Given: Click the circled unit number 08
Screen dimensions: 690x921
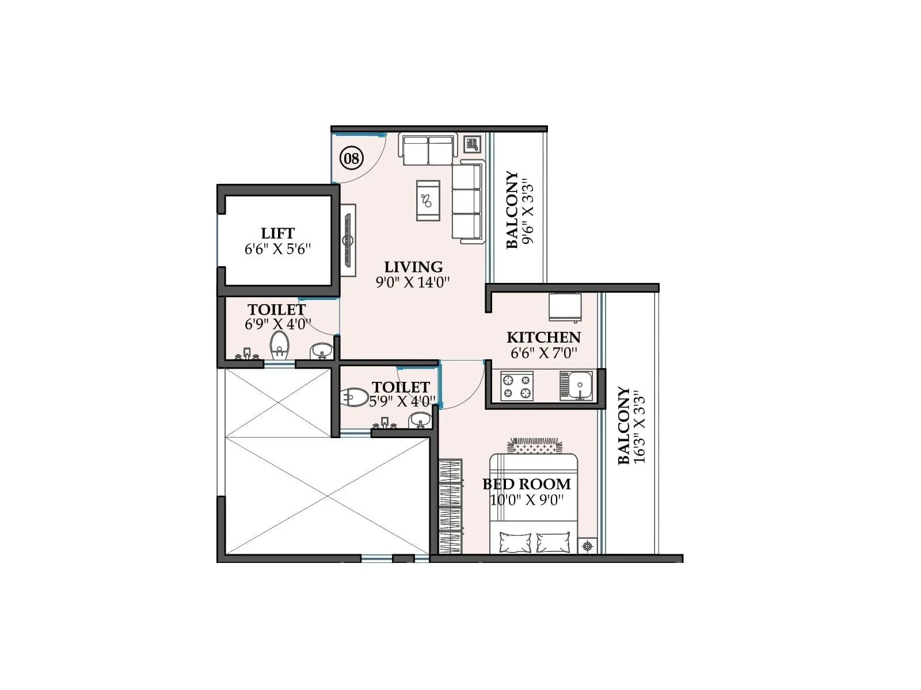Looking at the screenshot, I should tap(351, 158).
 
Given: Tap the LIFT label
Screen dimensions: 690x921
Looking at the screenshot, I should tap(277, 233).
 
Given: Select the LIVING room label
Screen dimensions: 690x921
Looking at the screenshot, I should tap(413, 267).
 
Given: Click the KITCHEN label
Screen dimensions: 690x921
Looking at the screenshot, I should tap(543, 338).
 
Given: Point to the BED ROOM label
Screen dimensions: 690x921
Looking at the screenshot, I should tap(527, 484).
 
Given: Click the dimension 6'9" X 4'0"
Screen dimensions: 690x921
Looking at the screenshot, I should tap(278, 324).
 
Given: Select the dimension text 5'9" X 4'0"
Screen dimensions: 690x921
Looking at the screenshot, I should tap(402, 401).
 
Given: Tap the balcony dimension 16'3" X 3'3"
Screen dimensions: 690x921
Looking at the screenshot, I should tap(640, 427).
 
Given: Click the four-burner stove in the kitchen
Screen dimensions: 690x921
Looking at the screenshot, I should tap(516, 386).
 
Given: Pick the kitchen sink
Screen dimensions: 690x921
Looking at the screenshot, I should tap(577, 386).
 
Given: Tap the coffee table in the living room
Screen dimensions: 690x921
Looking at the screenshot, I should tap(428, 200).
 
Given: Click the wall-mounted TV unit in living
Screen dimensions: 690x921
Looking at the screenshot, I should tap(348, 240).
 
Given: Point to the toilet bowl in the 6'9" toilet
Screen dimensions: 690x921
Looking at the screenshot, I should tap(280, 345).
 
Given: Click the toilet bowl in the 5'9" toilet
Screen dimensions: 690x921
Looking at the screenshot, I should tap(355, 397).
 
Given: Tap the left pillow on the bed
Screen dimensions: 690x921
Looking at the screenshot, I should tap(515, 542).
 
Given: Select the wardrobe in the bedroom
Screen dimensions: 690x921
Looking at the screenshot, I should tap(450, 506).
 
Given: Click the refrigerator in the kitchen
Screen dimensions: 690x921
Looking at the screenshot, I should tap(564, 308).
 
